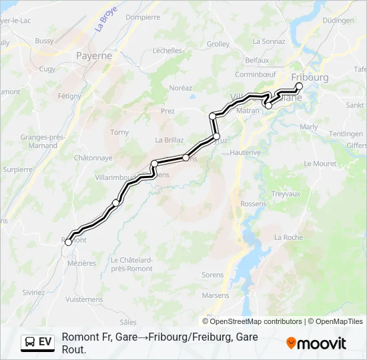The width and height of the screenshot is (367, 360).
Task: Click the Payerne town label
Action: coord(93,56)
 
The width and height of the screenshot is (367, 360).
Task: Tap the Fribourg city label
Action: coord(310,77)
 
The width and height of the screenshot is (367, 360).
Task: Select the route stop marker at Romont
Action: coord(69,243)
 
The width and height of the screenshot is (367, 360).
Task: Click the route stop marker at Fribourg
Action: coord(299,86)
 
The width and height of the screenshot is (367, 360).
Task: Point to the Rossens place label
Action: coord(252,204)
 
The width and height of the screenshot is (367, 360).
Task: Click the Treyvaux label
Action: coord(287,194)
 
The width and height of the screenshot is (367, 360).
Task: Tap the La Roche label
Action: coord(288,237)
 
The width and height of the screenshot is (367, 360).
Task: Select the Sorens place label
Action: coord(212,275)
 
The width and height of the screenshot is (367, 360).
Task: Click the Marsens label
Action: coord(215,295)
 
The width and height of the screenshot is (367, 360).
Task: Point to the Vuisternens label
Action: coord(85,300)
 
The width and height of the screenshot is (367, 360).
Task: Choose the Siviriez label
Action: coord(33,292)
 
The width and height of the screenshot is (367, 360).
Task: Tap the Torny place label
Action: coord(119,133)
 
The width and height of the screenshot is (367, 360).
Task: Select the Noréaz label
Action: coord(180,87)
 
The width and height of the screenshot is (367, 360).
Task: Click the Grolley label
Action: coord(218,44)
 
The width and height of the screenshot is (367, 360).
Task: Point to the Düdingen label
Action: coord(338,21)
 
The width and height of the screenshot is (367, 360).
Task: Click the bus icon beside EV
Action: coord(30,342)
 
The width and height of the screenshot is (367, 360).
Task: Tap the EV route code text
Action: coord(45,342)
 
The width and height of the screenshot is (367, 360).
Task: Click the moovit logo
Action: coord(316,343)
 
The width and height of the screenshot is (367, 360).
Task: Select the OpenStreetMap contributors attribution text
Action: coord(252,321)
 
